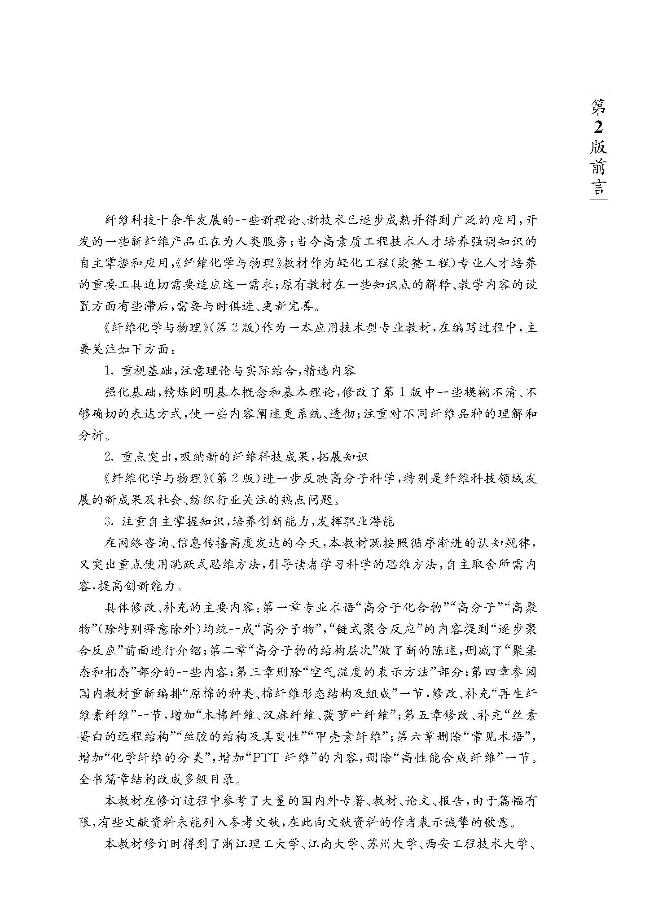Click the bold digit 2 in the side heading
point(598,128)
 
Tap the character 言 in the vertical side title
point(598,187)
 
